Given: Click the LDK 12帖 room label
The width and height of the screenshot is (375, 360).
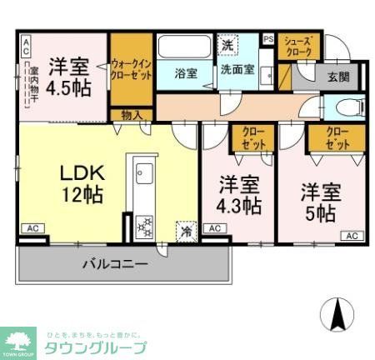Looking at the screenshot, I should click(81, 183).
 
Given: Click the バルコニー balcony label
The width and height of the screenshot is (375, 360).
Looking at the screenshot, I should click(114, 265).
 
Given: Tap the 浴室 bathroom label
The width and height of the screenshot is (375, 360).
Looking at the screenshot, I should click(185, 72).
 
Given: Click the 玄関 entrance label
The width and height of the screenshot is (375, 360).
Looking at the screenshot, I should click(338, 77).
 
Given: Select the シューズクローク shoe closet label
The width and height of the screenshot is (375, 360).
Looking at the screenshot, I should click(297, 47).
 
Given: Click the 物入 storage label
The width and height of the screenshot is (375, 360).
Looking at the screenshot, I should click(131, 114).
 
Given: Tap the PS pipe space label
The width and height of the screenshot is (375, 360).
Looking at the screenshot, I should click(268, 38).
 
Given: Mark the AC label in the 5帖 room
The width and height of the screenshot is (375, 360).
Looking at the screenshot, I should click(350, 236).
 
